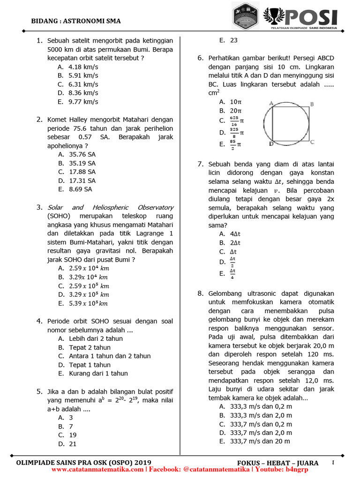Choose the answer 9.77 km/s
click(83, 102)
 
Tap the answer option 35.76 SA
click(82, 154)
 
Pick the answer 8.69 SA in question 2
click(80, 189)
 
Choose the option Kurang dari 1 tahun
click(98, 374)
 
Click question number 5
click(40, 391)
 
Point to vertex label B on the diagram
click(312, 104)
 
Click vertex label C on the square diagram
click(312, 142)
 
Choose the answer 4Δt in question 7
click(234, 234)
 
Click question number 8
click(200, 294)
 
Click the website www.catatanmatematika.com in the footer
click(98, 469)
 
